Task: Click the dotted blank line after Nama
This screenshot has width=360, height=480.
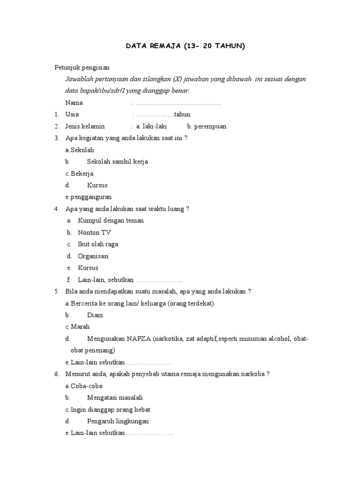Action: click(x=178, y=103)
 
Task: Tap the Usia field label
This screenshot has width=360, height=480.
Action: click(x=72, y=114)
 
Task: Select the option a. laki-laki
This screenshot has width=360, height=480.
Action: click(x=151, y=126)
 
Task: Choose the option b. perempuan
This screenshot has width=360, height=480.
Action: click(x=207, y=126)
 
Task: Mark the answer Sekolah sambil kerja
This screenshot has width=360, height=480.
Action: click(x=117, y=162)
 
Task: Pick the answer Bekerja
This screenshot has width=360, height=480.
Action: click(x=82, y=173)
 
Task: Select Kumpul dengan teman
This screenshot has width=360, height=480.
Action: click(x=111, y=221)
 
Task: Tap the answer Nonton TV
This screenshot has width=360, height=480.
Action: click(x=94, y=232)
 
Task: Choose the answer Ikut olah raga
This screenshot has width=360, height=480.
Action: click(x=98, y=244)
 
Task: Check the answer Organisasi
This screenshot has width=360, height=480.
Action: click(x=93, y=256)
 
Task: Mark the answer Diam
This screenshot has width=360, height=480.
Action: click(x=95, y=315)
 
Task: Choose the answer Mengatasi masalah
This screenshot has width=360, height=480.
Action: click(x=115, y=397)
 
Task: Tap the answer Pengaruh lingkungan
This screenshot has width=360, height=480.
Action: click(x=118, y=421)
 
